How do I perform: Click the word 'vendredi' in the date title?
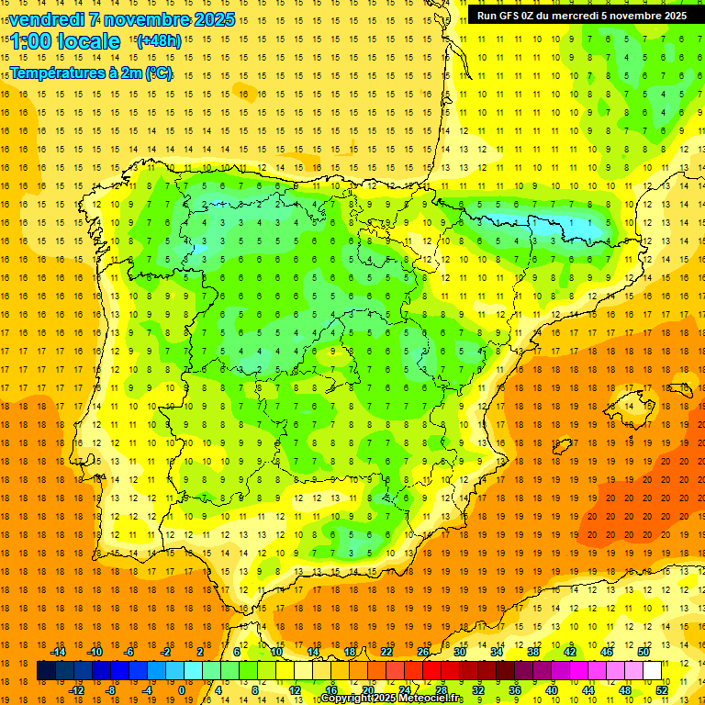(x=41, y=19)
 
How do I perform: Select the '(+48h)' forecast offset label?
(x=159, y=40)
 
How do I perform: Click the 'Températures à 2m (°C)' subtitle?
(x=91, y=73)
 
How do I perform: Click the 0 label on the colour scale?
(x=183, y=690)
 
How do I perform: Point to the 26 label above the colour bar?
(x=423, y=652)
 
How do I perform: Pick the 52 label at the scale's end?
(x=662, y=690)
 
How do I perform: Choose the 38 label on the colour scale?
(x=533, y=652)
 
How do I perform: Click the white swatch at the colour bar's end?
(x=653, y=671)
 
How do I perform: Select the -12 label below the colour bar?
(x=76, y=690)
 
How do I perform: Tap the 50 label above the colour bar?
(x=643, y=652)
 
